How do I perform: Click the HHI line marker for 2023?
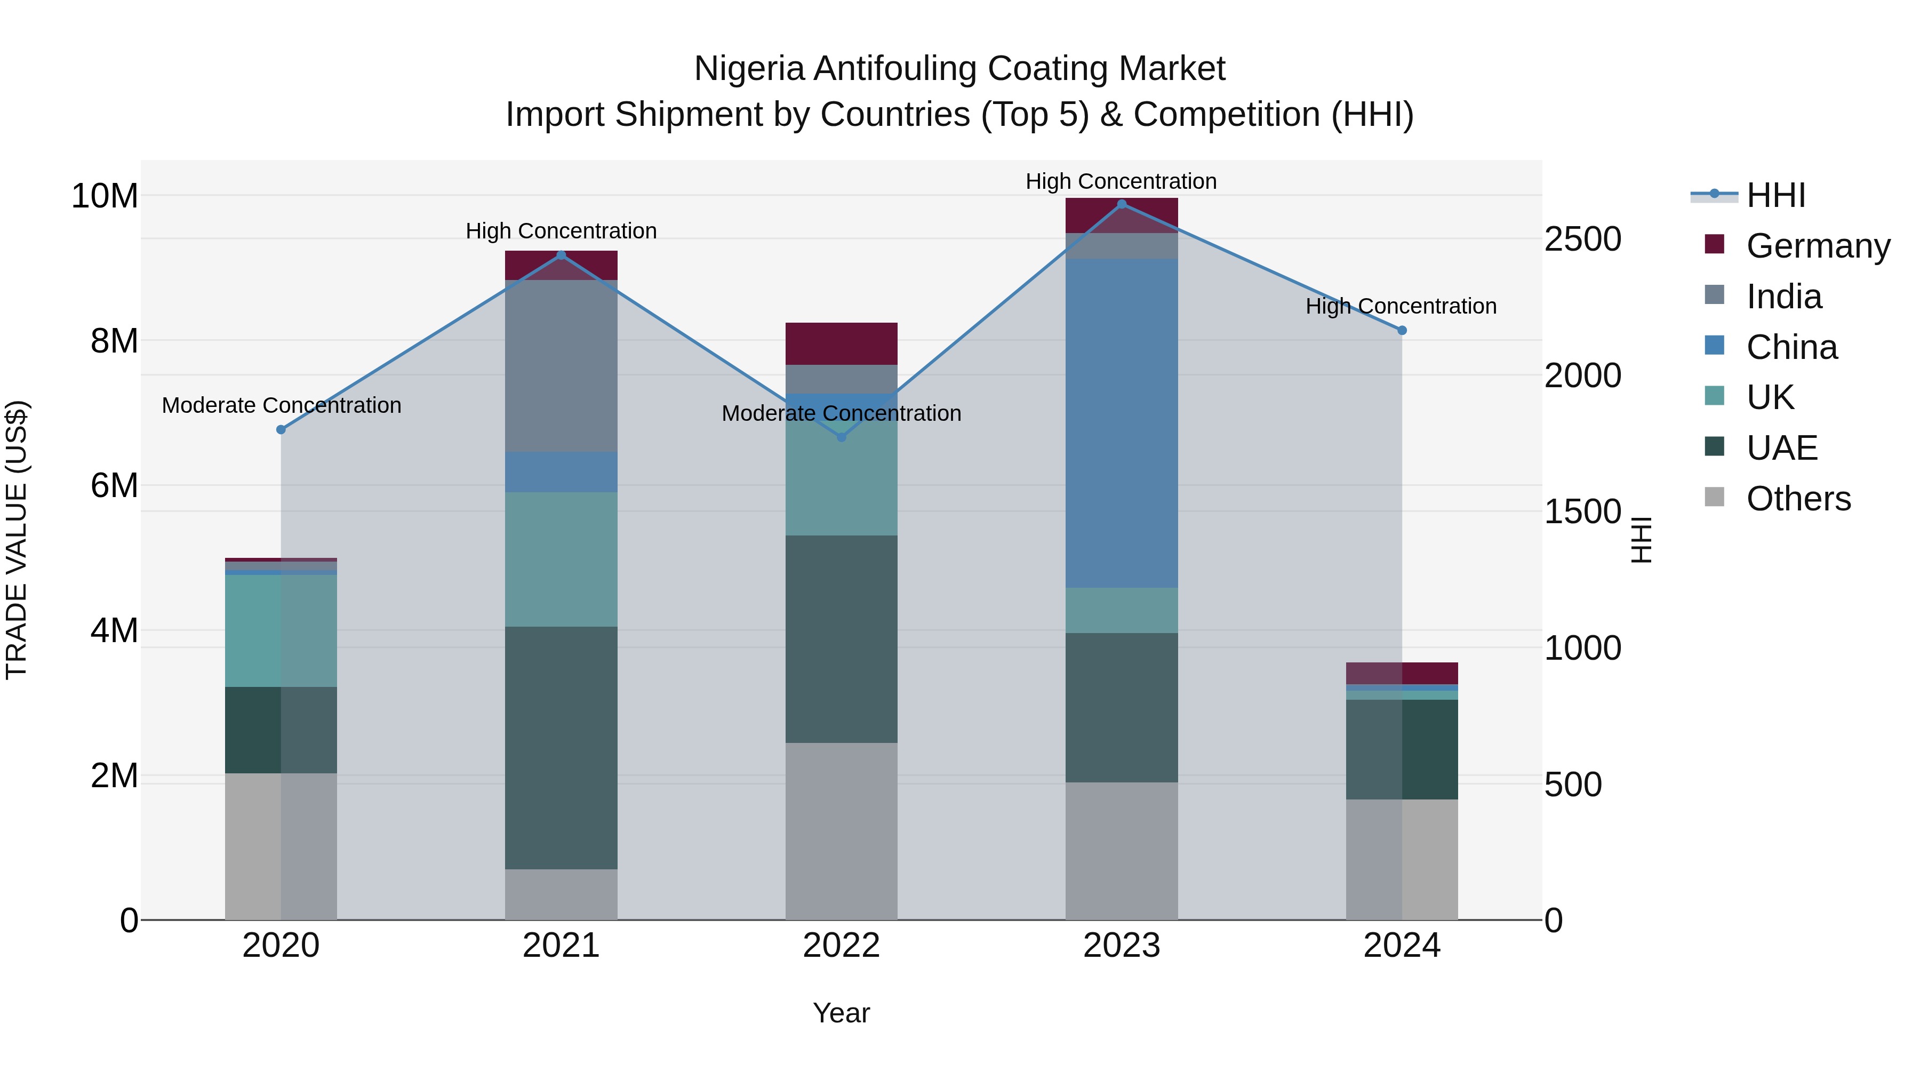point(1122,204)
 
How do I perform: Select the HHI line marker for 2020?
point(281,429)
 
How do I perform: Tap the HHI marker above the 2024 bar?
point(1402,330)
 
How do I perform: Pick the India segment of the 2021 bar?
point(561,365)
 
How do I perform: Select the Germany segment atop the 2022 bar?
point(842,343)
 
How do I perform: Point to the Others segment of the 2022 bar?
point(842,831)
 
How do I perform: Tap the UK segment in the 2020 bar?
point(281,630)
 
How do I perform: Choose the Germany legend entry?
point(1817,245)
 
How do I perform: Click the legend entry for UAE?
point(1781,447)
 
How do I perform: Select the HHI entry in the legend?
point(1775,195)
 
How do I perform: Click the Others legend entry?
point(1798,498)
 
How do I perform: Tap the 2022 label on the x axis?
point(842,946)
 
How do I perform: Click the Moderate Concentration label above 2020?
point(281,405)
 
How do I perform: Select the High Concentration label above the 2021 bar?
point(561,231)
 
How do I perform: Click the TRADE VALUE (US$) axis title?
point(17,540)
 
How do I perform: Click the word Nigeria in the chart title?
point(749,69)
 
